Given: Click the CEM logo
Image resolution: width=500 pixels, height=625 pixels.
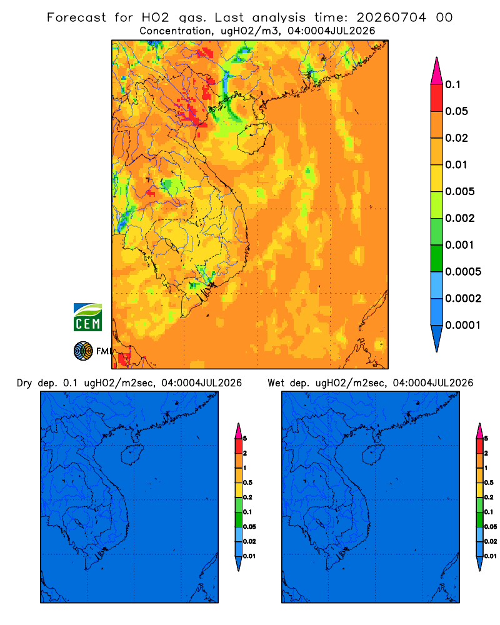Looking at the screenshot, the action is click(x=87, y=317).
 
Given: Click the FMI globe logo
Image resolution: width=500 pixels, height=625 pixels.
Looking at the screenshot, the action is click(x=83, y=351).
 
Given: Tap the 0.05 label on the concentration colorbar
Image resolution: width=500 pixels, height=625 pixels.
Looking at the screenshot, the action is click(x=456, y=111).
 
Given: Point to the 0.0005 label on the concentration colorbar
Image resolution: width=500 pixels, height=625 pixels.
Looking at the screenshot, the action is click(x=463, y=272).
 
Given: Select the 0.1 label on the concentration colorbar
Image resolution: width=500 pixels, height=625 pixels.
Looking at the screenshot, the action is click(x=453, y=84).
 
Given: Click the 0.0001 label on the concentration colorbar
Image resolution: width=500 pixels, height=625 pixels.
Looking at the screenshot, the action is click(x=463, y=325).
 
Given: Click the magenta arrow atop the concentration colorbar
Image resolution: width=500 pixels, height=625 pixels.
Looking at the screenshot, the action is click(x=437, y=71).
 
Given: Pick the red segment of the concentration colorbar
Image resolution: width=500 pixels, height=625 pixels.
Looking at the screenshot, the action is click(x=437, y=98).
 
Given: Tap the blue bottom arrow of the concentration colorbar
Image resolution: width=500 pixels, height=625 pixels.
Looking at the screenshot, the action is click(x=437, y=338).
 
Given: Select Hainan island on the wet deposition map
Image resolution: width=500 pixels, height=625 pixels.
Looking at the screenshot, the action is click(x=373, y=455).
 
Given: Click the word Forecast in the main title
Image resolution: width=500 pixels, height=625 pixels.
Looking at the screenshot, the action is click(x=76, y=17).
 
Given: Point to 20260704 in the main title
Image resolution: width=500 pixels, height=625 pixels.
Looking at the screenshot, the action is click(x=391, y=17).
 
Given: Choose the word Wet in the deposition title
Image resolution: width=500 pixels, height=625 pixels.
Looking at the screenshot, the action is click(x=276, y=383).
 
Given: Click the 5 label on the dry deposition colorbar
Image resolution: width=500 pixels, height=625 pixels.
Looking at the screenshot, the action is click(x=245, y=439).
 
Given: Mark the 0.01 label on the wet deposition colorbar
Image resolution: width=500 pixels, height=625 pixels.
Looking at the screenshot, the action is click(x=491, y=556).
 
